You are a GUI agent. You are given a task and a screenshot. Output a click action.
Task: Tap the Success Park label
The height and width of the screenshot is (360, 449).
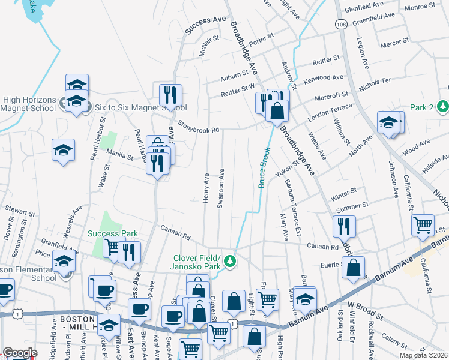(113, 233)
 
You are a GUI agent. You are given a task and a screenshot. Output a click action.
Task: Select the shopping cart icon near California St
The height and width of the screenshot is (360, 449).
(423, 225)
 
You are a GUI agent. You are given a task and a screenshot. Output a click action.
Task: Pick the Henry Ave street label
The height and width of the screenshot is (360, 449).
(206, 188)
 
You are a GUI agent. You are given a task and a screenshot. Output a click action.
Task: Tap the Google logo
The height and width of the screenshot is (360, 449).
(20, 353)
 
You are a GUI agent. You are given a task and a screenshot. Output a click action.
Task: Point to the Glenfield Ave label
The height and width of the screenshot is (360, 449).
(364, 5)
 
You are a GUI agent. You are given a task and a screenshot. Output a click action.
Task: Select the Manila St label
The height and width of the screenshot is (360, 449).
(119, 154)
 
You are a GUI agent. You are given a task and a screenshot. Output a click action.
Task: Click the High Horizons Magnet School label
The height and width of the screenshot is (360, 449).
(29, 104)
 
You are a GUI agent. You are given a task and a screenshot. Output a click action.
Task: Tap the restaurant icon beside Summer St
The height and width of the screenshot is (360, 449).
(345, 226)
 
